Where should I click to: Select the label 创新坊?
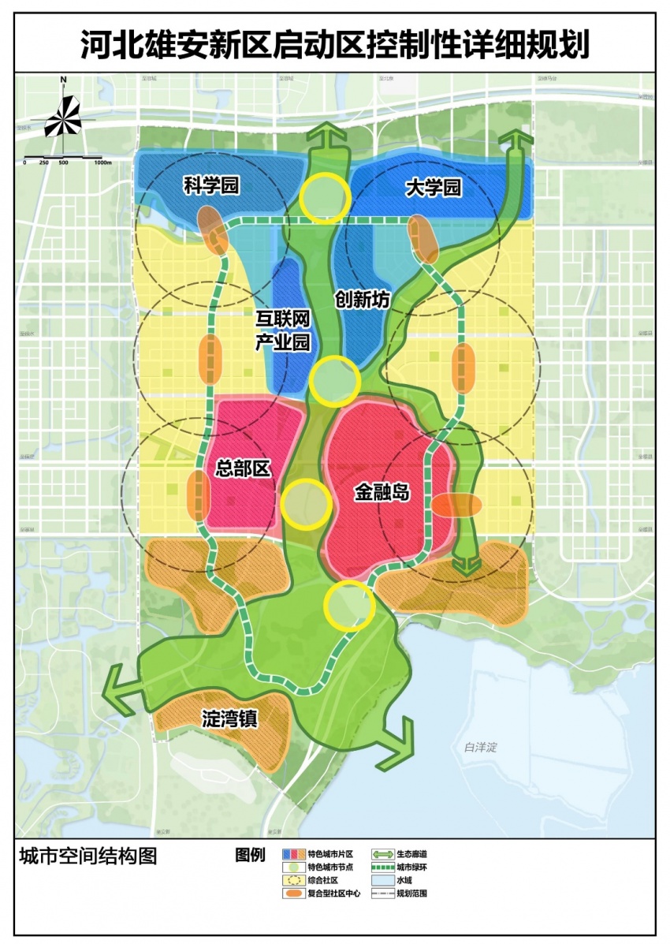coord(362,300)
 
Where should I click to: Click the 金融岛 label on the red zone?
coord(382,494)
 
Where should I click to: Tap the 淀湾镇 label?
coord(229,719)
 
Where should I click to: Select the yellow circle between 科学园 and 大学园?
coord(324,197)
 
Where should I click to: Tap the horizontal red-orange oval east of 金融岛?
coord(456,506)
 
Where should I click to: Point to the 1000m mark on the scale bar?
coord(102,162)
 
